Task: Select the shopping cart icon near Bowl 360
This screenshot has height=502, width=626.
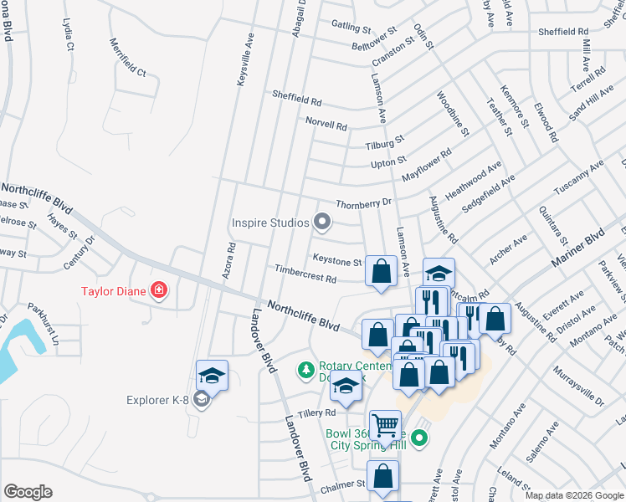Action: coord(385,426)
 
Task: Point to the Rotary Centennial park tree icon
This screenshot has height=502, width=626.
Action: coord(306,368)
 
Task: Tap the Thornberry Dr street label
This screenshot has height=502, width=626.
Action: coord(363,203)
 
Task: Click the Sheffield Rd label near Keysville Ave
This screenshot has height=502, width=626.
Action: coord(296,99)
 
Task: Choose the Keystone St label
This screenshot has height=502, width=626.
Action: coord(336,261)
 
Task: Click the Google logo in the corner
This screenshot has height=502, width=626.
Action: coord(28,492)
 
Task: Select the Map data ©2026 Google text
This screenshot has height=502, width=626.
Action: coord(573,495)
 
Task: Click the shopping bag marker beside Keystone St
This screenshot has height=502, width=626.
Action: coord(382,271)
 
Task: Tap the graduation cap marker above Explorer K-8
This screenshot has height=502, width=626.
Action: coord(213,375)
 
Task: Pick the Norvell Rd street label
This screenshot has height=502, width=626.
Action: coord(326,124)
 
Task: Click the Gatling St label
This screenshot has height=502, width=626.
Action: coord(351,27)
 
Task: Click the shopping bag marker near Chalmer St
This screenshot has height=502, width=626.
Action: coord(382,476)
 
